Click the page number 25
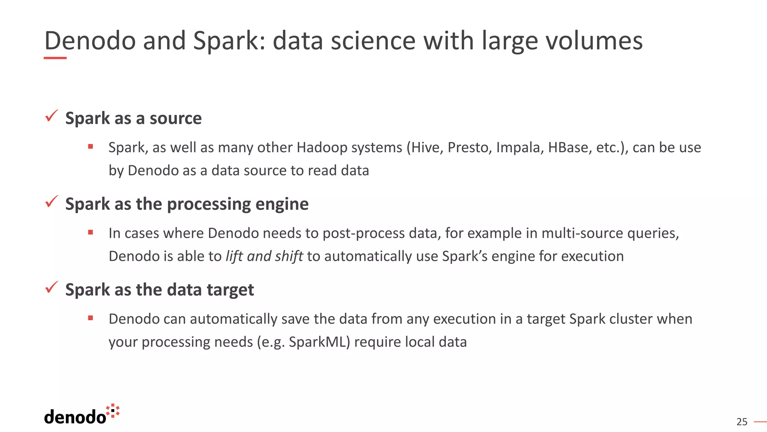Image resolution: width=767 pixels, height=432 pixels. pyautogui.click(x=742, y=422)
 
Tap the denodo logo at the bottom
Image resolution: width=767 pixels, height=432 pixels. pyautogui.click(x=82, y=415)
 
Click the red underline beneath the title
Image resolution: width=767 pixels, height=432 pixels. pyautogui.click(x=55, y=58)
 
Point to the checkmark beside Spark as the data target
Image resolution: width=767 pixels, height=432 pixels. pyautogui.click(x=51, y=288)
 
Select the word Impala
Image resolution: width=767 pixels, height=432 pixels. pyautogui.click(x=519, y=148)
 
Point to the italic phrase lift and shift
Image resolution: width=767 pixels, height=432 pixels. pyautogui.click(x=264, y=256)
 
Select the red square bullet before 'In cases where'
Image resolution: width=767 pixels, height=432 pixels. pyautogui.click(x=91, y=232)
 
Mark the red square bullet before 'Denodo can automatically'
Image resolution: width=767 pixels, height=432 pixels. pyautogui.click(x=91, y=318)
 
